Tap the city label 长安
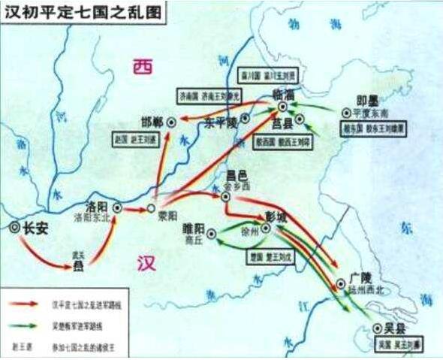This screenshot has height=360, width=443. tap(35, 229)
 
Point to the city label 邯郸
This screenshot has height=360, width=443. tap(152, 122)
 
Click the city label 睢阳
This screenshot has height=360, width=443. tap(194, 227)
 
